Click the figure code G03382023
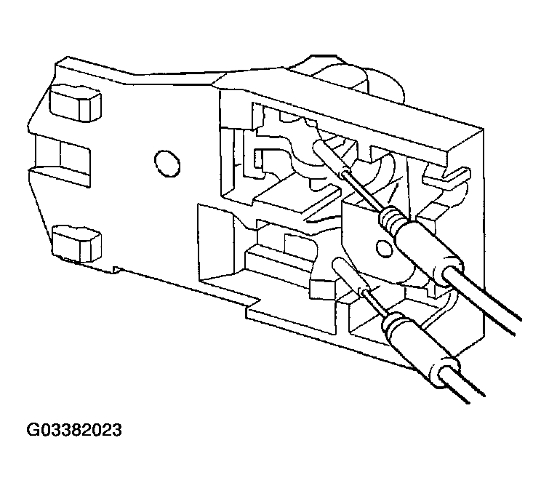point(74,430)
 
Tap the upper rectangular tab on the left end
point(76,103)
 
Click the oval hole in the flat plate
point(167,163)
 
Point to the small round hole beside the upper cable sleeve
point(384,248)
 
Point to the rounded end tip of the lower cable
point(339,263)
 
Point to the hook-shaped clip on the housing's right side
point(446,178)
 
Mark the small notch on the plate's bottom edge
point(116,270)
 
